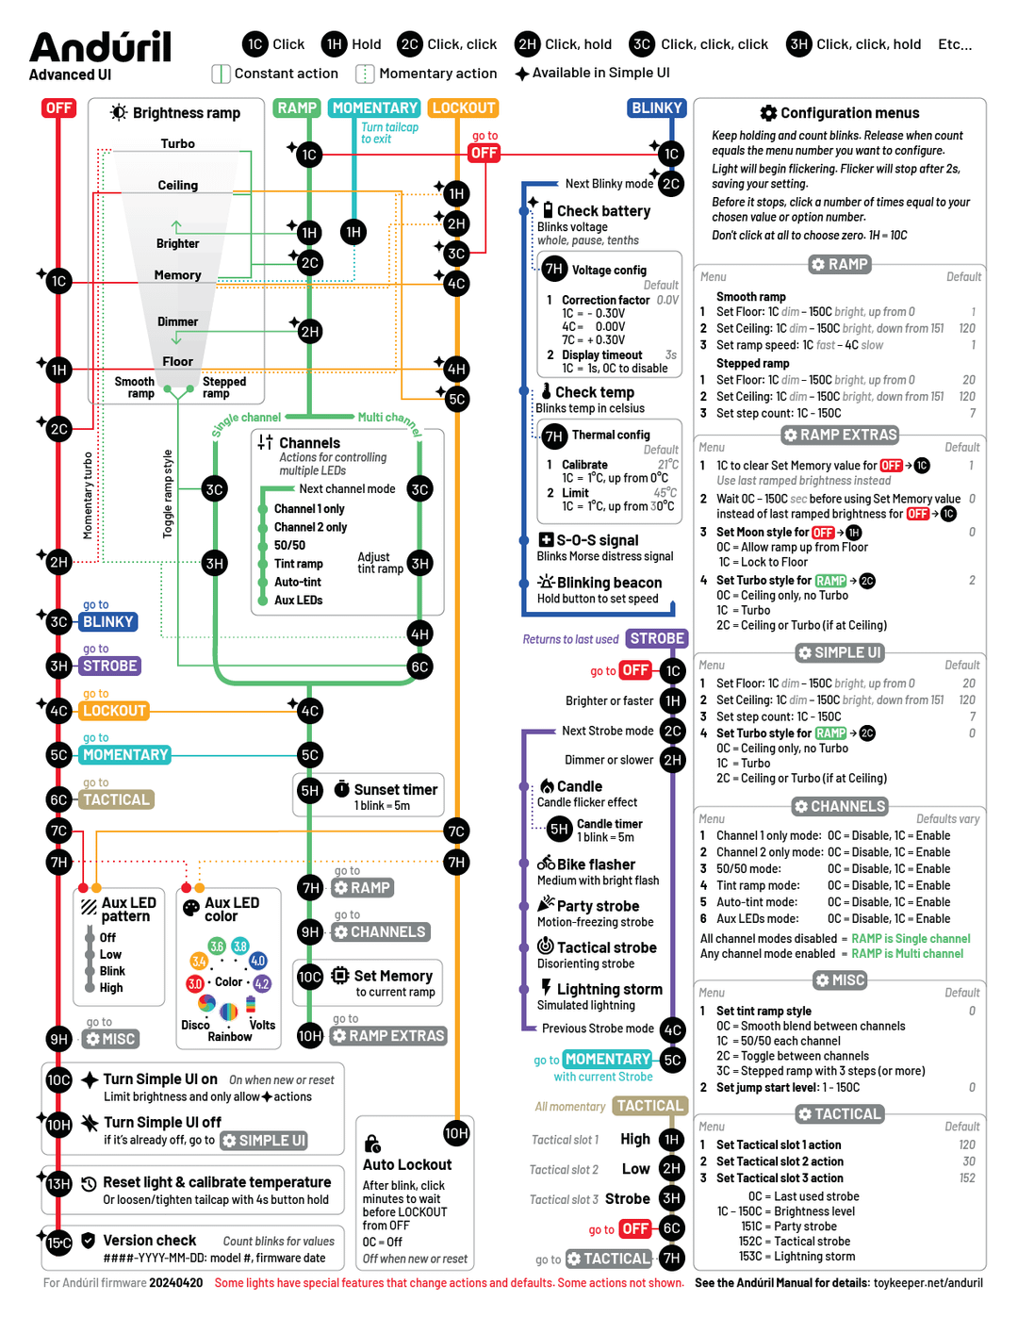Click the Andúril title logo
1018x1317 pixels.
coord(100,47)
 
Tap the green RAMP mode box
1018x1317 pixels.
coord(297,108)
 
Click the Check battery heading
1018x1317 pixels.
coord(603,211)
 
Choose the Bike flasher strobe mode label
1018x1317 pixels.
coord(596,864)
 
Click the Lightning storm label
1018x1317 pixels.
coord(609,989)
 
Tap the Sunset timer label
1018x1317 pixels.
coord(395,790)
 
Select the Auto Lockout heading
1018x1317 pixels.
coord(407,1165)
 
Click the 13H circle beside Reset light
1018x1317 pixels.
coord(58,1184)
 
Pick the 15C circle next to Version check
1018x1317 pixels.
coord(58,1243)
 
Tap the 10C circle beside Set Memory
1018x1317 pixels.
coord(310,977)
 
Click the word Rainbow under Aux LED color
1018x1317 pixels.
coord(230,1037)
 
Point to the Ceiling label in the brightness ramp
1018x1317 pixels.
coord(177,186)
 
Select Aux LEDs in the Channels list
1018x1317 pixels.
coord(298,601)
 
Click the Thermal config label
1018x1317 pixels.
coord(611,435)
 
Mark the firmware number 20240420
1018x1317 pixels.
coord(175,1283)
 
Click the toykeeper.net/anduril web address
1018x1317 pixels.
coord(928,1283)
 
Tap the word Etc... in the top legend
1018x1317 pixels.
coord(955,44)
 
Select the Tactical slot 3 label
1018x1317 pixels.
coord(564,1200)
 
